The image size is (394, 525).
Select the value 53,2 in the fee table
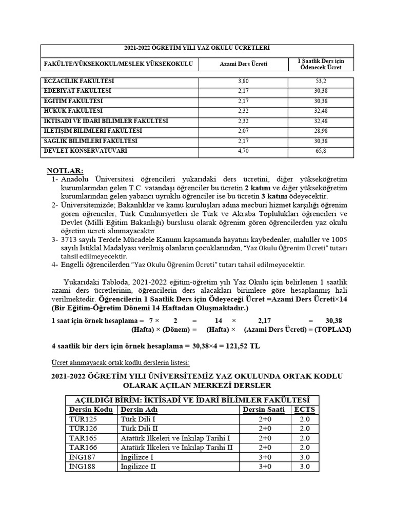coord(321,81)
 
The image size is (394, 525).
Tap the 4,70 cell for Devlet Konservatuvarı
coord(243,151)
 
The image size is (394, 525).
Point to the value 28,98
coord(321,131)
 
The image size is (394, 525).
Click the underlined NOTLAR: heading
coord(65,170)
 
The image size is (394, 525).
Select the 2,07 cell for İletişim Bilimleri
coord(243,131)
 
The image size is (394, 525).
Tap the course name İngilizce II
coord(138,467)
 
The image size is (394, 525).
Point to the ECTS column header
coord(304,409)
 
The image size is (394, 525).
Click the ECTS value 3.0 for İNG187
coord(304,457)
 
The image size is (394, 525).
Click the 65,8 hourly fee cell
coord(321,151)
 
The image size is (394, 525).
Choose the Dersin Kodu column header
coord(90,409)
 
